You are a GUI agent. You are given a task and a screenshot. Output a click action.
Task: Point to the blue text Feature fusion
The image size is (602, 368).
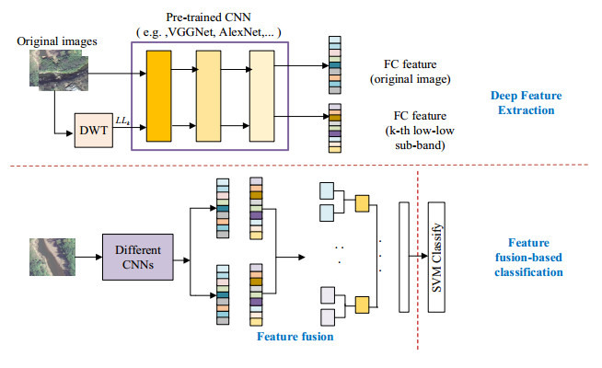293,338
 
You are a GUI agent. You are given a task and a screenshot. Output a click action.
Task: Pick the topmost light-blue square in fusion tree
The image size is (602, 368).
326,190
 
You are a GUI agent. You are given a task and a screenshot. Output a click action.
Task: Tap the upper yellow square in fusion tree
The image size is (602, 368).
362,201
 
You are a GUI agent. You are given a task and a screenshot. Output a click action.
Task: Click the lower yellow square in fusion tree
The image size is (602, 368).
362,304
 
